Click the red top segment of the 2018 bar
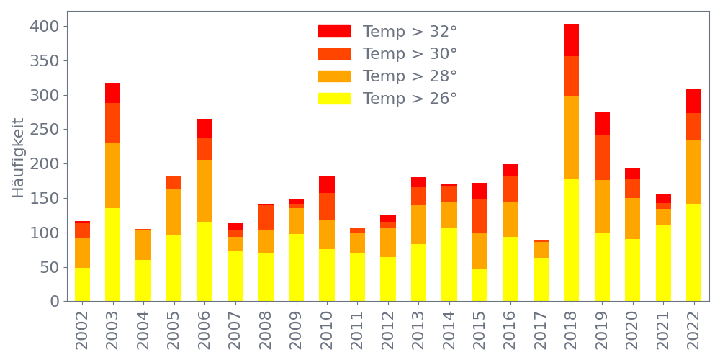pyautogui.click(x=571, y=40)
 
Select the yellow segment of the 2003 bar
pyautogui.click(x=112, y=254)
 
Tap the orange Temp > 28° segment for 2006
pyautogui.click(x=204, y=190)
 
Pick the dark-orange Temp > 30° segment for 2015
pyautogui.click(x=480, y=215)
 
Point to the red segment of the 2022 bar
pyautogui.click(x=693, y=101)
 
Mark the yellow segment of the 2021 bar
pyautogui.click(x=663, y=263)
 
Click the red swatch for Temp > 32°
pyautogui.click(x=334, y=32)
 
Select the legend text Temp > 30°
pyautogui.click(x=410, y=54)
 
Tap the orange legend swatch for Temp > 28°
pyautogui.click(x=334, y=76)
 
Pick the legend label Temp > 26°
pyautogui.click(x=410, y=99)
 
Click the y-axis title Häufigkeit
pyautogui.click(x=18, y=158)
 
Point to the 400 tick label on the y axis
pyautogui.click(x=45, y=27)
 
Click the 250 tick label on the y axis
pyautogui.click(x=45, y=130)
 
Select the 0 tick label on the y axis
pyautogui.click(x=53, y=302)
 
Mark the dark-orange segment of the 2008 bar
pyautogui.click(x=266, y=217)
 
